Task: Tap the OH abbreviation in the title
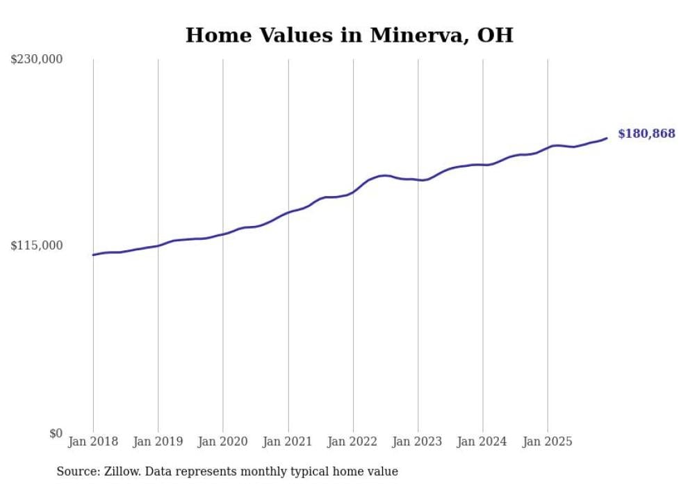pos(495,35)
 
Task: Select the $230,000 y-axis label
pos(37,60)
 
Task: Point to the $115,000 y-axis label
pos(37,245)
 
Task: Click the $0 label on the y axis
pos(56,433)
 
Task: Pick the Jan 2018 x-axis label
pos(93,442)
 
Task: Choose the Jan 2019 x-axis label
pos(158,442)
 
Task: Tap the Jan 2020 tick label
pos(223,442)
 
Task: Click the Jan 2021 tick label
pos(288,442)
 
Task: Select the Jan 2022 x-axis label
pos(353,442)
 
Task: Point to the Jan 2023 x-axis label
pos(418,442)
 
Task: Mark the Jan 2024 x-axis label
pos(483,442)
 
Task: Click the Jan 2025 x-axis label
pos(548,442)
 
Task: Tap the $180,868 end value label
pos(646,133)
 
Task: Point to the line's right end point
pos(607,138)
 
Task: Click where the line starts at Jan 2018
pos(93,255)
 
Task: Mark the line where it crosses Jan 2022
pos(353,192)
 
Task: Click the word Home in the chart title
pos(214,35)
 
